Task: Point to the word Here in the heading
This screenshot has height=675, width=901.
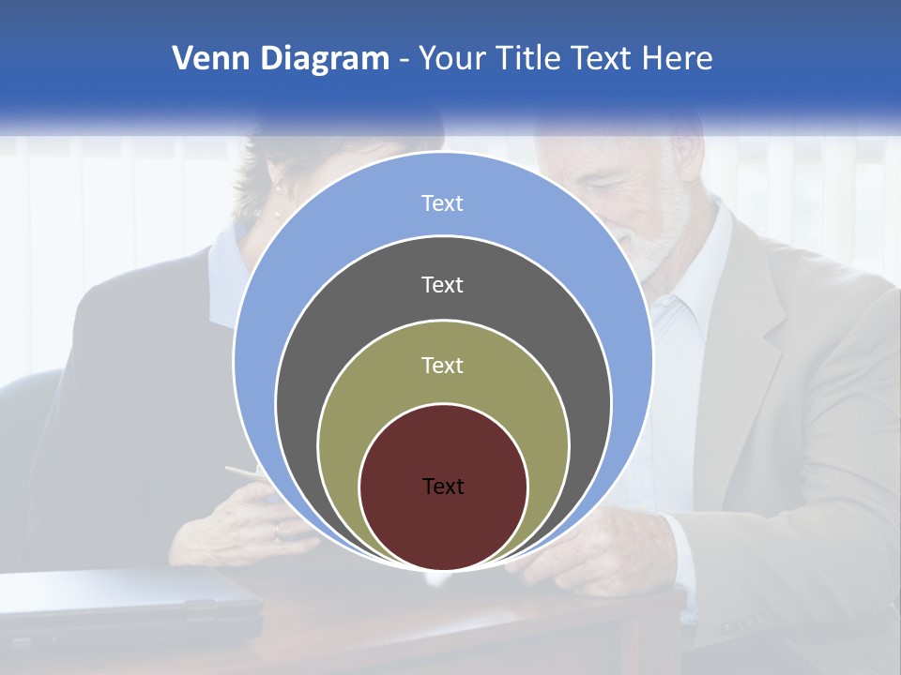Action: click(678, 58)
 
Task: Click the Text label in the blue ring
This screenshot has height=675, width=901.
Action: click(442, 203)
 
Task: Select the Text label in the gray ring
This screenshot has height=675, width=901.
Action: click(442, 284)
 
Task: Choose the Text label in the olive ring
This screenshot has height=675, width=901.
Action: click(442, 365)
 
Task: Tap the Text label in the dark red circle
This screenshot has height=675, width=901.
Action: click(443, 486)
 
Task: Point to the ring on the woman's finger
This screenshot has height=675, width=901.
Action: click(276, 531)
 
